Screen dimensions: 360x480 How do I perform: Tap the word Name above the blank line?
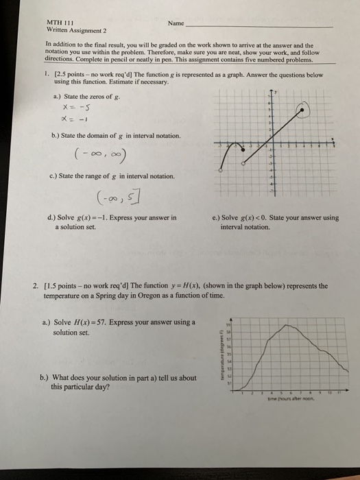click(x=176, y=23)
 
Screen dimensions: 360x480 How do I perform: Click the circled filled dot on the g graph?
click(x=303, y=108)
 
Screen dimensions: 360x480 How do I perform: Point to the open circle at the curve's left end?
click(x=219, y=170)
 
